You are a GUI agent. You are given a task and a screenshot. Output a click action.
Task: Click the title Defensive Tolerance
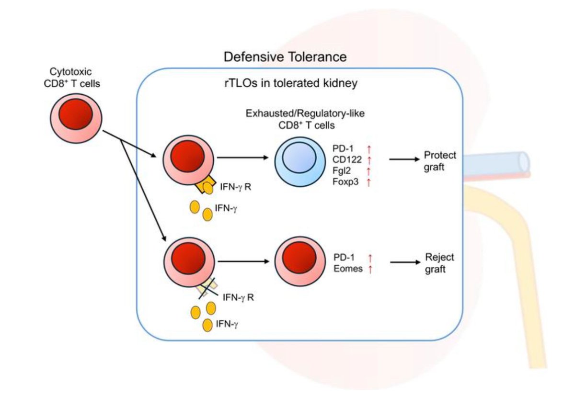coord(285,57)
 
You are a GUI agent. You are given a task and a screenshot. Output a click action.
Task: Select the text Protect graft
coord(440,161)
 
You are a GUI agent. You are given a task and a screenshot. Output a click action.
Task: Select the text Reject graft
coord(439,263)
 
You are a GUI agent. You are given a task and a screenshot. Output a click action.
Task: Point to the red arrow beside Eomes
coord(369,269)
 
